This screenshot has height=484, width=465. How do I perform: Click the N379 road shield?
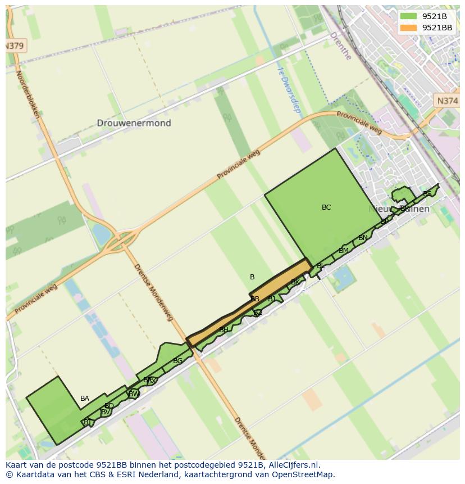point(15,46)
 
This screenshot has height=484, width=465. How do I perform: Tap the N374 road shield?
point(447,101)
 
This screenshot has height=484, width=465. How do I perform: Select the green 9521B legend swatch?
point(409,16)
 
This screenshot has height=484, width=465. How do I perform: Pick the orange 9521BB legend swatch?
point(409,28)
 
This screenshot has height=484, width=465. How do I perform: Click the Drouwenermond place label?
point(134,123)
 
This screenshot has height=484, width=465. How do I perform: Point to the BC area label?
point(326,207)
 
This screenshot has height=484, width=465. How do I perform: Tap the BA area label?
point(85,399)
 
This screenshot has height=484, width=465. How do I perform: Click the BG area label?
point(177,361)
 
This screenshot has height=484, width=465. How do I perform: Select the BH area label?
point(224,330)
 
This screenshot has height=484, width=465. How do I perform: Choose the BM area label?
point(344,251)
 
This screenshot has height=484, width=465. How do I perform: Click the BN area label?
point(363,238)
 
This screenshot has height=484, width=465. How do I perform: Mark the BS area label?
point(427,194)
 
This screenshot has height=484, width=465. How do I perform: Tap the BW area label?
point(134,394)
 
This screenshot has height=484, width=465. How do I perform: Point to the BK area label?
point(295,282)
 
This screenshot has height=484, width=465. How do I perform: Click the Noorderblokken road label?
point(28,93)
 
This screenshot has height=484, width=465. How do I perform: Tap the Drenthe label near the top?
point(340,46)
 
